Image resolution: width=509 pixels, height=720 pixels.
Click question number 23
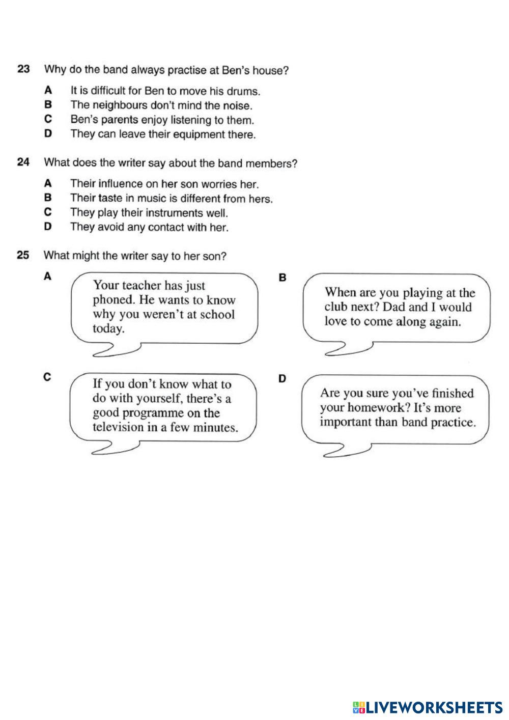coord(24,69)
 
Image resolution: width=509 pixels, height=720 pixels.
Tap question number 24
coord(24,163)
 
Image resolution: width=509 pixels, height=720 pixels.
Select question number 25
coord(24,256)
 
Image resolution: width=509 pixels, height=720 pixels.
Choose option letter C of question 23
coord(48,120)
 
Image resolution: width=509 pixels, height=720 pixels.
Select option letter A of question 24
coord(48,183)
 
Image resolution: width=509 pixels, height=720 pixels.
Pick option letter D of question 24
coord(48,227)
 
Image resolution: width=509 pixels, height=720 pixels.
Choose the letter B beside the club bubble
coord(283,278)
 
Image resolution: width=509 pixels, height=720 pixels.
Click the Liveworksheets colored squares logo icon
coord(358,707)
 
